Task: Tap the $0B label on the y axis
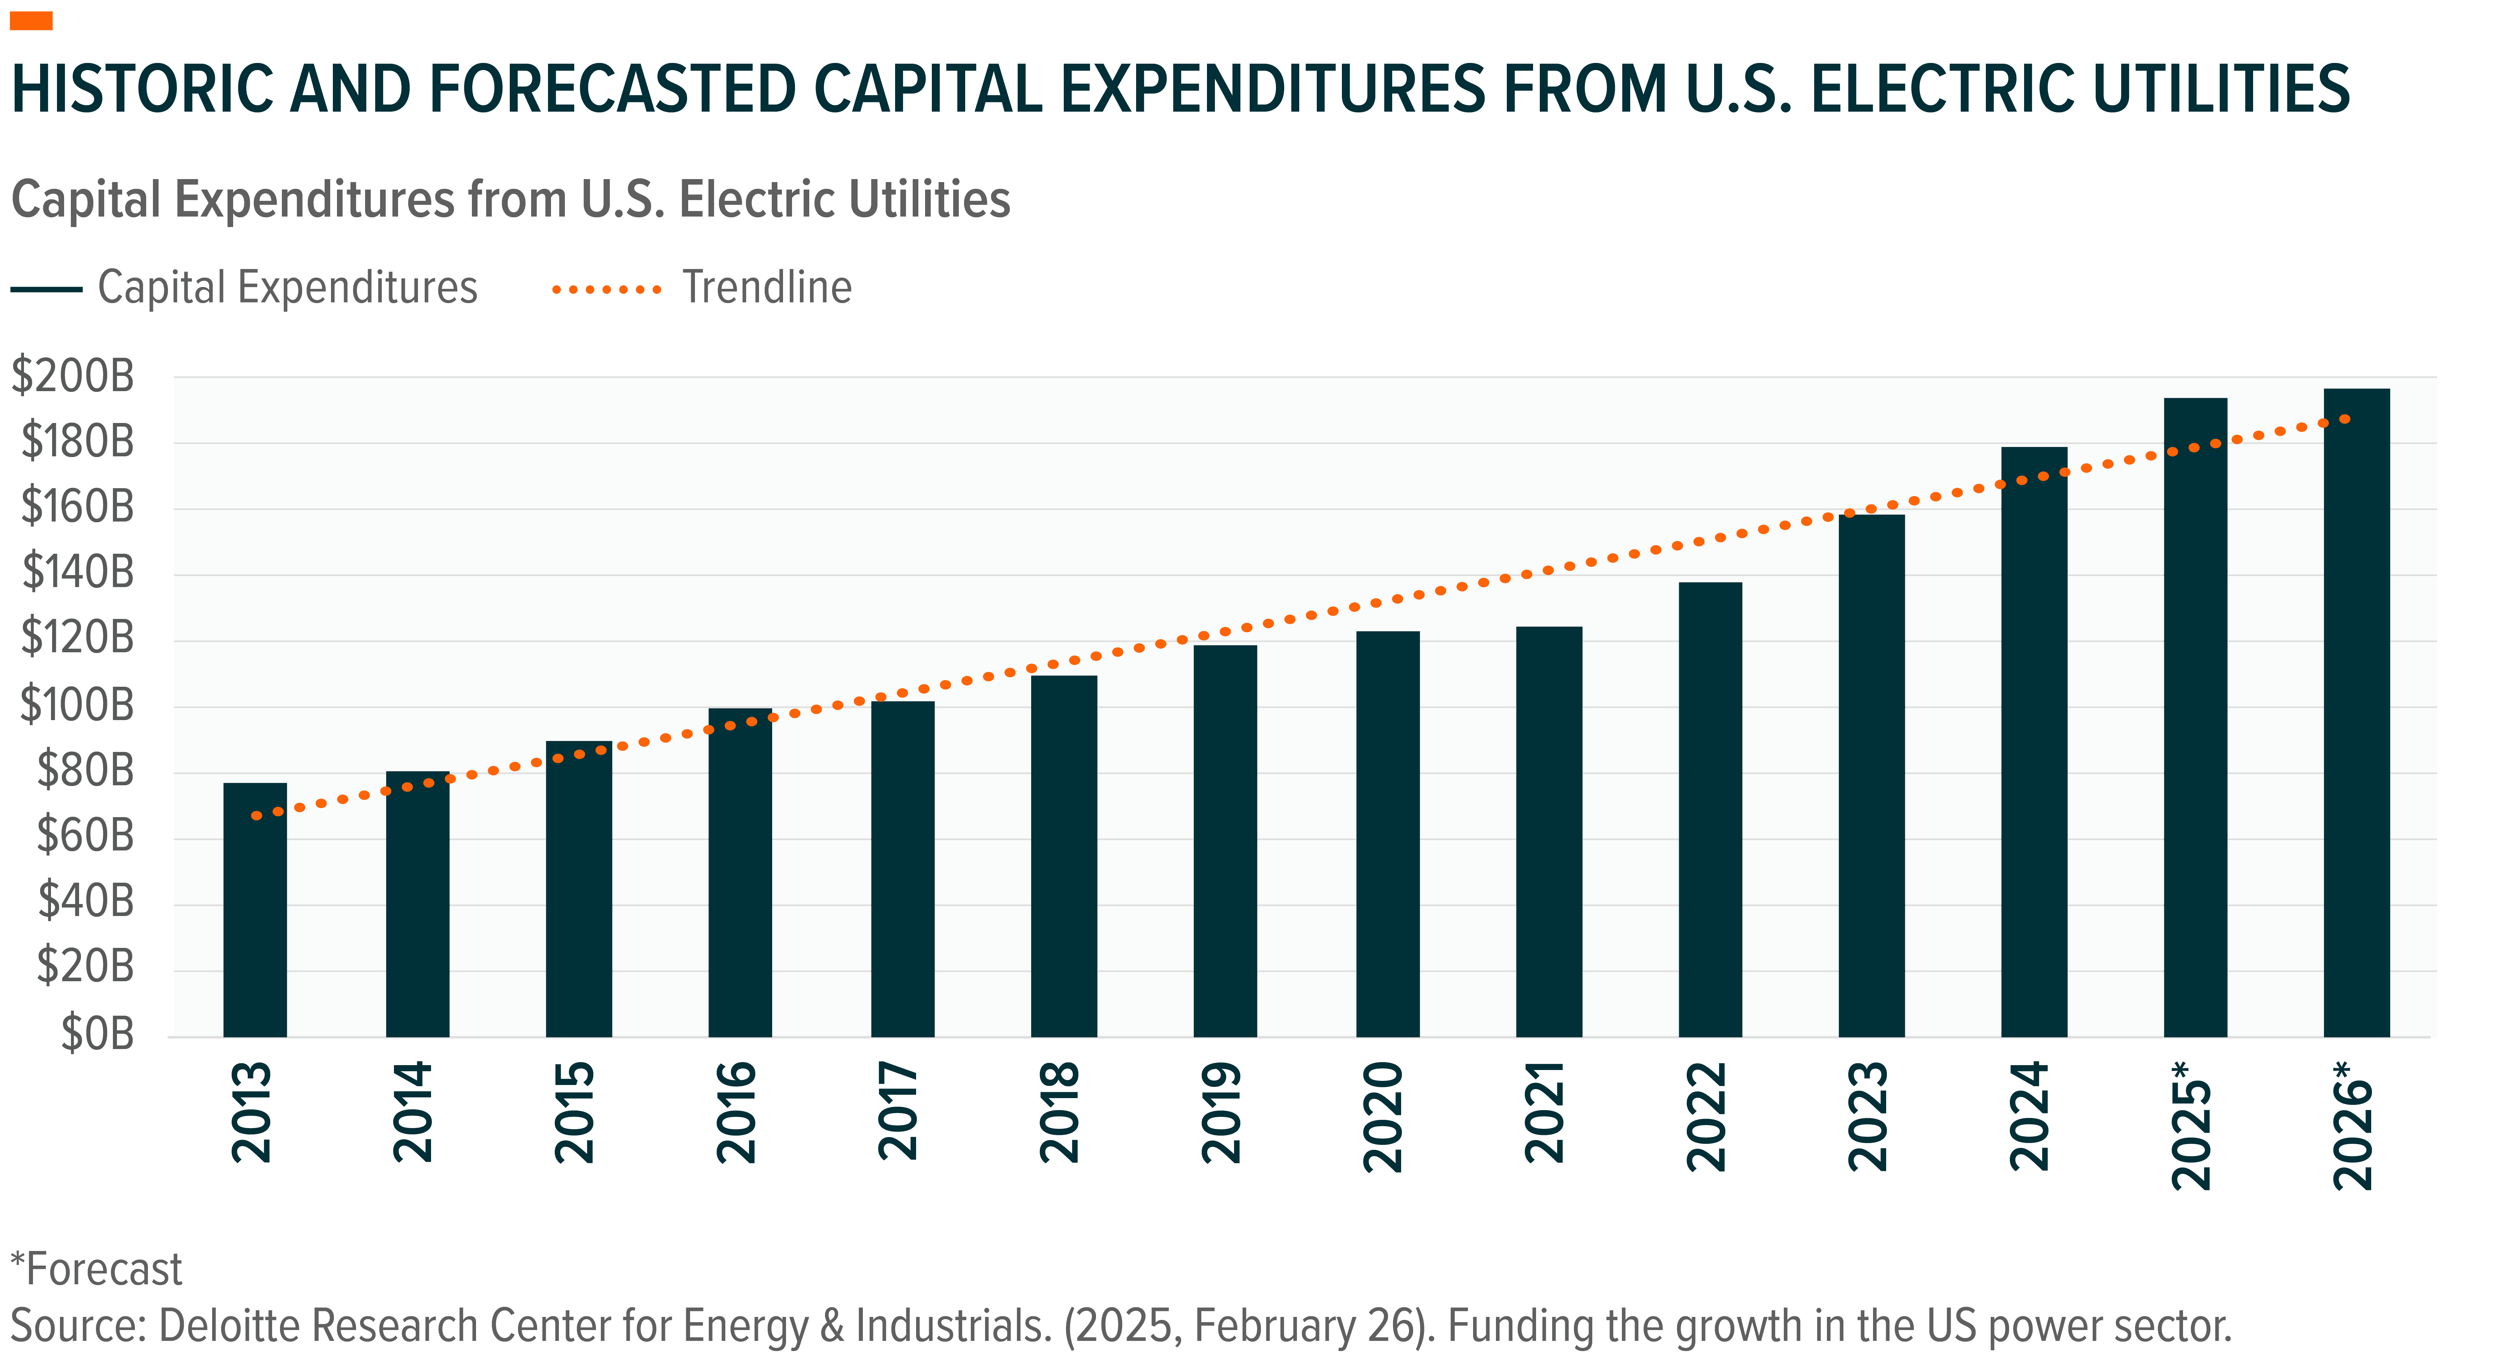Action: [97, 1034]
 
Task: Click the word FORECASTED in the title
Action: [611, 89]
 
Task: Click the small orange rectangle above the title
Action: [31, 21]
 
